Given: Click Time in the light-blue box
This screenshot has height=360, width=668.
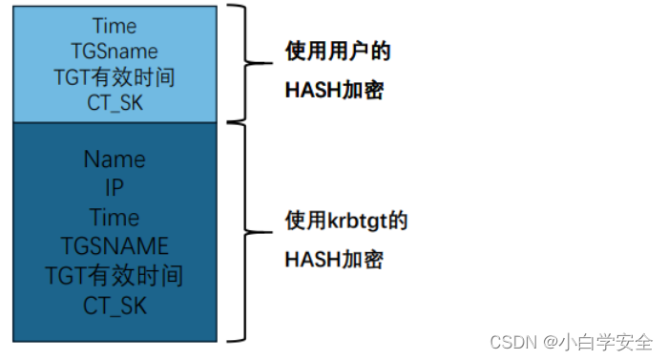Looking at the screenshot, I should coord(115,26).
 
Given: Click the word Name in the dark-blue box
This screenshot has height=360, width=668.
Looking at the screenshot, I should coord(115,159).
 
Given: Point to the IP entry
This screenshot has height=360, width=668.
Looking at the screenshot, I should coord(115,188).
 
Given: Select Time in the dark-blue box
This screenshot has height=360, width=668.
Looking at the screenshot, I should coord(115,218).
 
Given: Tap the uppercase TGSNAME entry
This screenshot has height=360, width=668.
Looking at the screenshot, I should coord(115,247).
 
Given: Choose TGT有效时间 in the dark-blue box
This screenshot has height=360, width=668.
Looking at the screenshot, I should coord(115,277).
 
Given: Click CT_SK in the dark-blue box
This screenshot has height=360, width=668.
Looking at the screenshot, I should coord(115,307).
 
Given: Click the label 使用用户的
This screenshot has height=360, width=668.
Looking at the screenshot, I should coord(338,52).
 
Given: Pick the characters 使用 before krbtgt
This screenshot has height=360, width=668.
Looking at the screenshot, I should coord(302,222).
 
